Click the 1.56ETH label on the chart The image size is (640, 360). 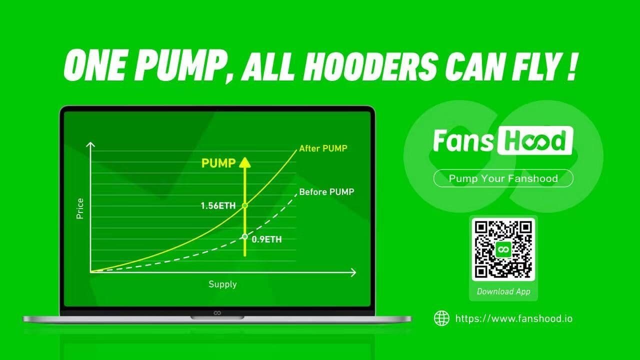218,205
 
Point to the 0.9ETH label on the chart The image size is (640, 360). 266,239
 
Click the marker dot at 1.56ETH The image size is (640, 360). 245,205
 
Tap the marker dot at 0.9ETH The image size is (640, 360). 245,236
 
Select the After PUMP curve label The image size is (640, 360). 323,148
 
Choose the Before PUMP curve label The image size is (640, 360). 326,191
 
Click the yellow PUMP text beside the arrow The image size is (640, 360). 218,163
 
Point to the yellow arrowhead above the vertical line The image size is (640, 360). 245,162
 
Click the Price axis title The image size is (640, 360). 80,208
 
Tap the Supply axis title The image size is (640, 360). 222,284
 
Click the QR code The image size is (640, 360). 503,249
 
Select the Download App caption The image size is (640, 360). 503,291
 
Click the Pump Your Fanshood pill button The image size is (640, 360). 503,178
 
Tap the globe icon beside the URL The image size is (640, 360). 441,318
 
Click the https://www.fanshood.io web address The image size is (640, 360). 514,318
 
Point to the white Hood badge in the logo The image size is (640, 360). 535,140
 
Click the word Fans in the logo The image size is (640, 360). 463,140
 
